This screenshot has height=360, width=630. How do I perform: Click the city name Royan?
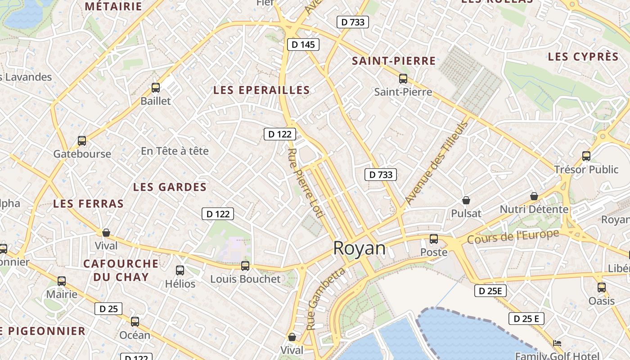coord(359,248)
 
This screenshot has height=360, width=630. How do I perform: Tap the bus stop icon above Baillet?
coord(156,88)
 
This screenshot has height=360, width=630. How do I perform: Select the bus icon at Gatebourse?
coord(82,141)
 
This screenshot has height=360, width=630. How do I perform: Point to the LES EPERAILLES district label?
coord(261,90)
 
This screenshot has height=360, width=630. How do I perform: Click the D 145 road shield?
coord(303,44)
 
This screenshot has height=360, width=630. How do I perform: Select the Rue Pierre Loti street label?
coord(306,183)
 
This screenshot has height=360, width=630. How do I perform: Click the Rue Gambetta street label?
coord(326,298)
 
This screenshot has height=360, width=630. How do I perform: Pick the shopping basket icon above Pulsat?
coord(466,200)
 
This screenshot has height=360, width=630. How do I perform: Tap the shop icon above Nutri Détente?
coord(534,196)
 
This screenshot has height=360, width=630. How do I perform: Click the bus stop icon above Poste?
coord(434,239)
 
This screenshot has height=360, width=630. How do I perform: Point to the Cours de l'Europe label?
coord(513,236)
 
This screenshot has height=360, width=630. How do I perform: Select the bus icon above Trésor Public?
coord(586,156)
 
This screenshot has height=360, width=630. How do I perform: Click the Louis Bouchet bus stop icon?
coord(245,266)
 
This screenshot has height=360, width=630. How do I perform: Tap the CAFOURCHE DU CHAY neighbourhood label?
coord(121,270)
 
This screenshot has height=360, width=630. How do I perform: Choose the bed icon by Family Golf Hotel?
coord(557,343)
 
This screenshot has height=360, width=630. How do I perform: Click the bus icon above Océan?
coord(135,322)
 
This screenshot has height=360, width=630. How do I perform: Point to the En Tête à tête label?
coord(175,151)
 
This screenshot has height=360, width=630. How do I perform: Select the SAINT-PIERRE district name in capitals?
coord(394,61)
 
